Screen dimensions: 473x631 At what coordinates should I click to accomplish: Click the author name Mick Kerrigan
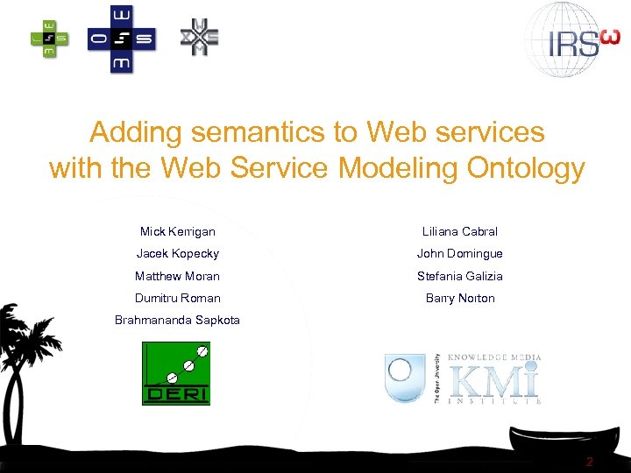click(177, 232)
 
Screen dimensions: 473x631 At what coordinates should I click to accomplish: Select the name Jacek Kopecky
click(177, 254)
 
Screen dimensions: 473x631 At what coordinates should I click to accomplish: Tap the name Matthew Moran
click(177, 276)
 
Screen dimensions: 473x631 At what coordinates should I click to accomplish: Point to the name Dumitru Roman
click(177, 299)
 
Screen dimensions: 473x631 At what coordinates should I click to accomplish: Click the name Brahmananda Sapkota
click(177, 321)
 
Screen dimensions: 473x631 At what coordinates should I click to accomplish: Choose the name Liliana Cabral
click(459, 232)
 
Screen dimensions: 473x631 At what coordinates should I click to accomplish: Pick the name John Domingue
click(459, 254)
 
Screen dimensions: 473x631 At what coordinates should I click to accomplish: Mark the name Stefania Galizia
click(459, 276)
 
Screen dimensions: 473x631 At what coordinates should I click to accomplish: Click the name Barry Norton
click(459, 299)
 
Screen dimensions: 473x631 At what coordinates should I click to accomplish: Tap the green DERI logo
click(176, 374)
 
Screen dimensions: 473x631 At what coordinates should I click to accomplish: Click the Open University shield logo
click(405, 378)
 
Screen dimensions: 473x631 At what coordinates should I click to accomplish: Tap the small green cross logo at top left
click(49, 38)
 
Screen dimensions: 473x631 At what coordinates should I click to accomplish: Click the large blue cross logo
click(121, 39)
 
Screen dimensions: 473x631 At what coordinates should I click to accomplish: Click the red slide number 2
click(590, 462)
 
